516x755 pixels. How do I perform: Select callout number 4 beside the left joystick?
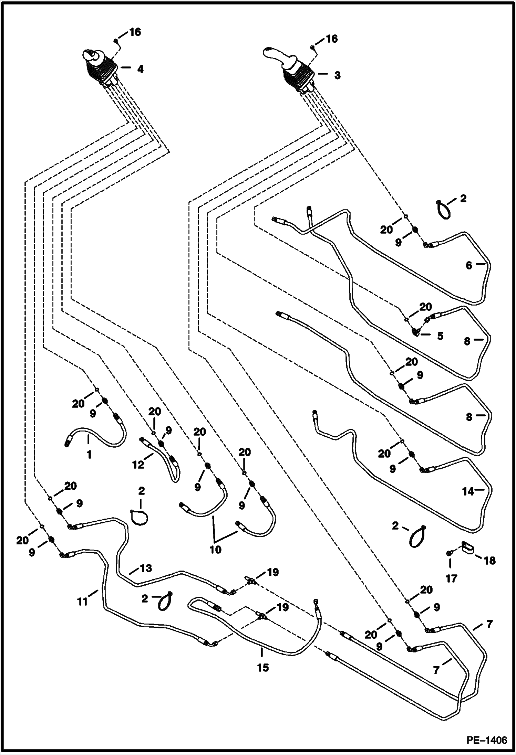coord(140,69)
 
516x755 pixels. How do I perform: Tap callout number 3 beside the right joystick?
coord(337,75)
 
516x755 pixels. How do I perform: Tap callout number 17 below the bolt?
coord(451,578)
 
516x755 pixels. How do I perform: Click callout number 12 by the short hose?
coord(138,465)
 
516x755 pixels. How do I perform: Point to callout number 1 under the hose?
coord(89,455)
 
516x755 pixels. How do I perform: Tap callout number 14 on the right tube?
coord(468,492)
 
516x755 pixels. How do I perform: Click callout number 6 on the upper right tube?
coord(469,266)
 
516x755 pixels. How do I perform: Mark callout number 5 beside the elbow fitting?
coord(440,336)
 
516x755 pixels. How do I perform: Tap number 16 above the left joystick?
coord(135,32)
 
